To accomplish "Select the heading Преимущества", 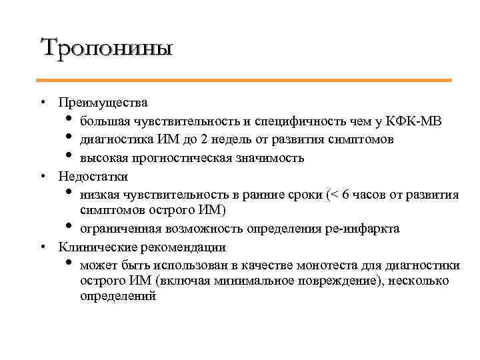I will click(103, 103).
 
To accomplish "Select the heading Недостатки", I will click(93, 177).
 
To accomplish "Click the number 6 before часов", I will click(345, 195).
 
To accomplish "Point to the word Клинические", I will click(93, 247).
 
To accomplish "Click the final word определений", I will click(118, 296).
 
